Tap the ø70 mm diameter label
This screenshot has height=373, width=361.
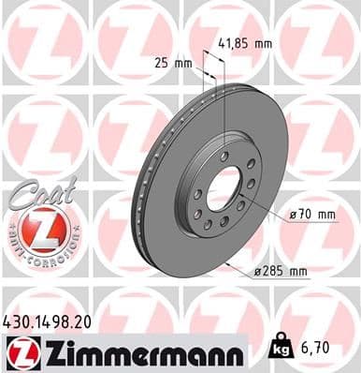point(311,215)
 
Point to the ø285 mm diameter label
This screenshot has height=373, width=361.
point(282,272)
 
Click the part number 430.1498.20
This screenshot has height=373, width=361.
point(53,321)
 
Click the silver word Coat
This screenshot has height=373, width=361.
point(40,191)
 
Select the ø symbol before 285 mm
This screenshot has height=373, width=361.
point(258,272)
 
